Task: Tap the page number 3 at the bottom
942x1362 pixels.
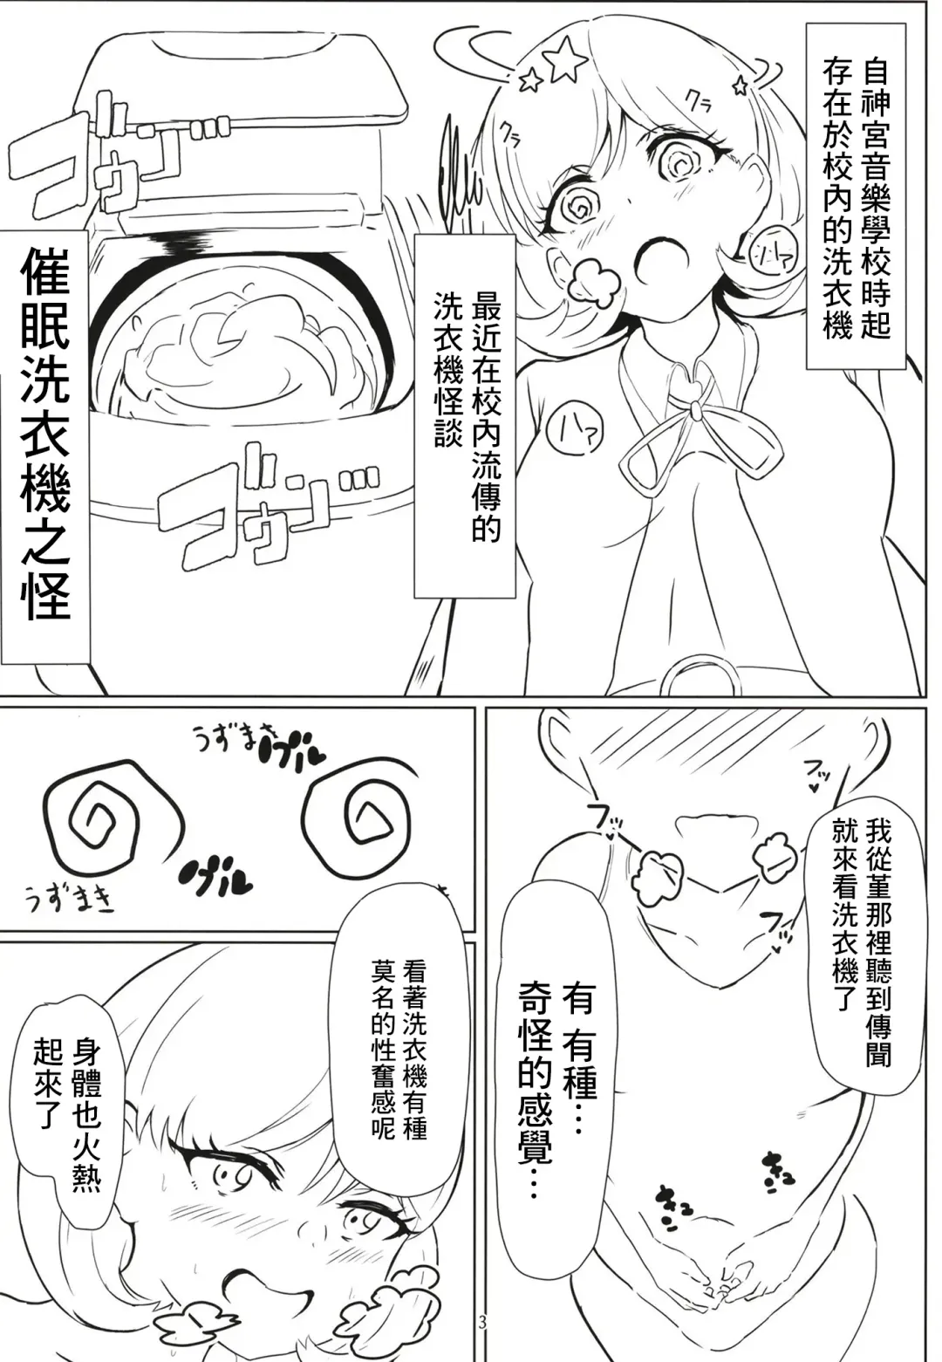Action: click(x=482, y=1346)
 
